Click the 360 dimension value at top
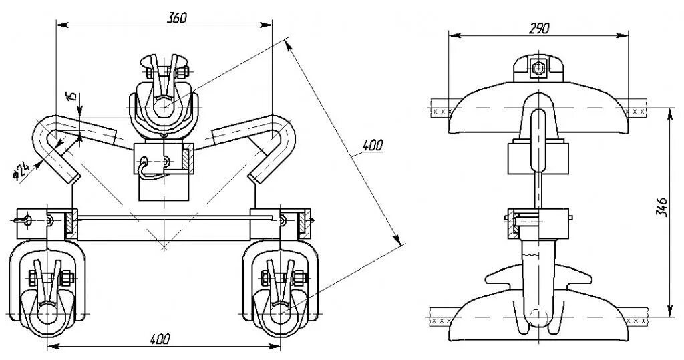pos(176,18)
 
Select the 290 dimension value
pos(538,27)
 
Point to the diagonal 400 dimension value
pos(371,144)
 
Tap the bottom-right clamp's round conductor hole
pos(280,311)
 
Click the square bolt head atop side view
pos(538,67)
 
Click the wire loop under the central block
pos(148,174)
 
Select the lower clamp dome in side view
pos(538,321)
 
